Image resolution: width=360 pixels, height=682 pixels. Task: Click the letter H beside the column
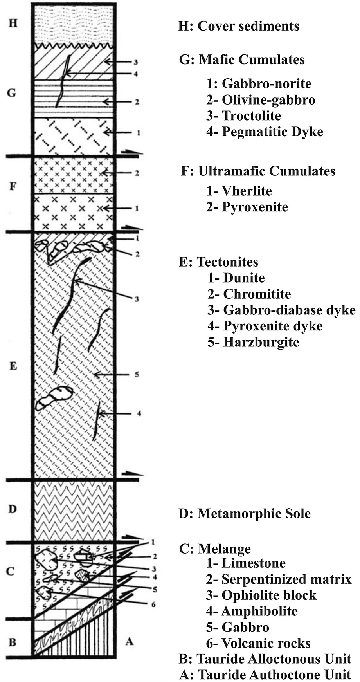tap(13, 23)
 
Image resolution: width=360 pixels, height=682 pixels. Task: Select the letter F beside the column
tap(13, 186)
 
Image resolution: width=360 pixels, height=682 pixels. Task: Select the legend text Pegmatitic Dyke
tap(272, 132)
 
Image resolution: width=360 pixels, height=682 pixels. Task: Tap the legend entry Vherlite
tap(247, 191)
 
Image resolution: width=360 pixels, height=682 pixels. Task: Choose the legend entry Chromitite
tap(257, 294)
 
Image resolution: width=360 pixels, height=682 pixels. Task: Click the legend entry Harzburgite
tap(261, 342)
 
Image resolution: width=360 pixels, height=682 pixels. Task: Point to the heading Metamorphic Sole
tap(254, 513)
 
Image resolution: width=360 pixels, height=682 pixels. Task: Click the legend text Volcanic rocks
tap(266, 643)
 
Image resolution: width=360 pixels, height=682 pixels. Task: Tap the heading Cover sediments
tap(248, 26)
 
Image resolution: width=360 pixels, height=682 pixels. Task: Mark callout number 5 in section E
tap(137, 375)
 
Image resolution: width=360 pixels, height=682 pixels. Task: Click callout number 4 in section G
tap(136, 74)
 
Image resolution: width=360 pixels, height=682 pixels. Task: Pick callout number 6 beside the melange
tap(153, 604)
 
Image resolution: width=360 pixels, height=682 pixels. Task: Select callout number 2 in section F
tap(137, 173)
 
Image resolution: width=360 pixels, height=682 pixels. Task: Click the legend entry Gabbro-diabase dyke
tap(289, 310)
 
